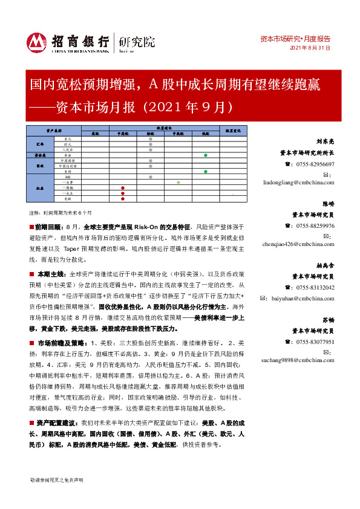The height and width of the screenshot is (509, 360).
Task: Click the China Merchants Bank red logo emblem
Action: click(x=36, y=42)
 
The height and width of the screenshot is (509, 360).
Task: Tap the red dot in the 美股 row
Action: click(x=123, y=198)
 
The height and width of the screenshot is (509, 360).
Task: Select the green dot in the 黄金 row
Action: click(x=206, y=155)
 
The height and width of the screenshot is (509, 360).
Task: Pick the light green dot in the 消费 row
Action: click(x=178, y=182)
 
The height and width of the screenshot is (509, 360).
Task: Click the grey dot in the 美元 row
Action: click(x=150, y=139)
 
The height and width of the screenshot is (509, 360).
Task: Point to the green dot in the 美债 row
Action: click(x=206, y=172)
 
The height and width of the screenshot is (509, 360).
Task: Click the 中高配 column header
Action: click(x=123, y=134)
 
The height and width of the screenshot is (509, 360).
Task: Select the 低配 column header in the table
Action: click(x=206, y=134)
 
